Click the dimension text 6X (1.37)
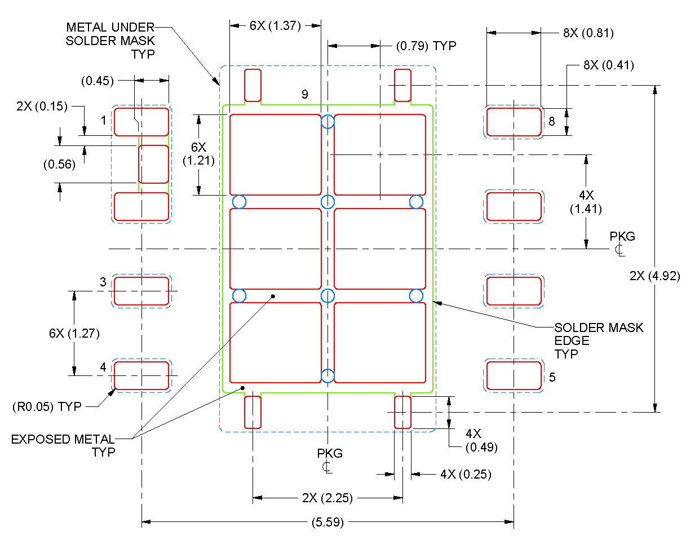275,25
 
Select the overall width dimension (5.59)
327,522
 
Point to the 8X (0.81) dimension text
588,33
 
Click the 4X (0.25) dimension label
465,475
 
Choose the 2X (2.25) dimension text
327,498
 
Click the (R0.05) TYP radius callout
47,406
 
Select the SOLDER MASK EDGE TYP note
599,340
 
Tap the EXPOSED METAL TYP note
63,445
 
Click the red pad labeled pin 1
141,122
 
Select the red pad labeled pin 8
514,122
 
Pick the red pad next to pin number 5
514,376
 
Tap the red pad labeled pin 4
141,375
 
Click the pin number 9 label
304,95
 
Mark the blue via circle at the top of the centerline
327,122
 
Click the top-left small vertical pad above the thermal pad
253,85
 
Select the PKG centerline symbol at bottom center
329,460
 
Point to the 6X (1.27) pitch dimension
74,333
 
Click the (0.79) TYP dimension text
426,46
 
